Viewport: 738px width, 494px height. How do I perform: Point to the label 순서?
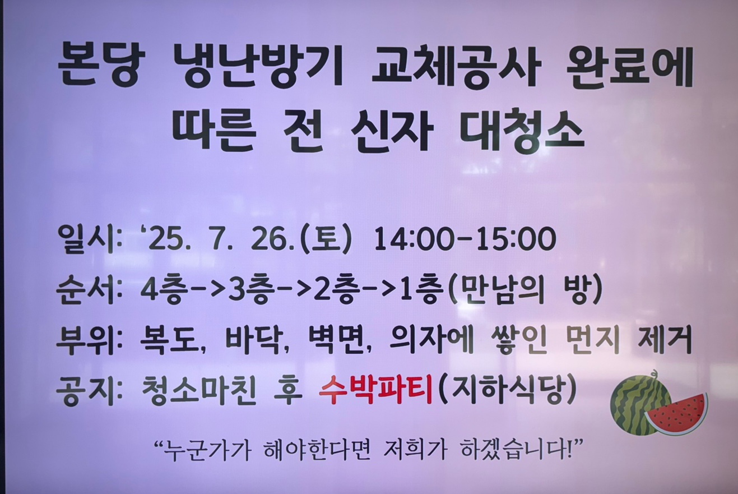pos(89,291)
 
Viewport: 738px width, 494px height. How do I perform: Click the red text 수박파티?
pos(375,391)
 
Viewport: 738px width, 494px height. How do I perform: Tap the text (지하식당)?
pos(508,391)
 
